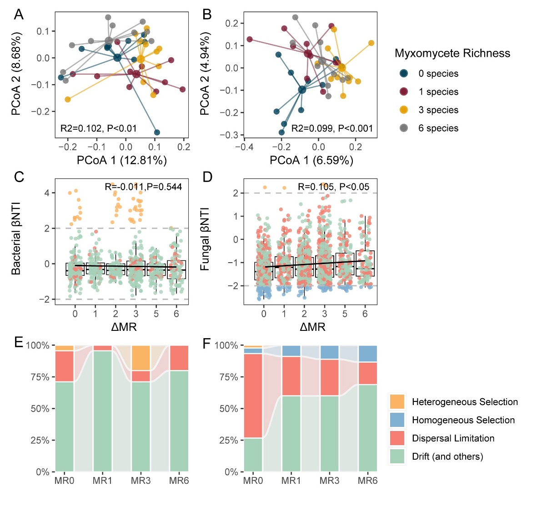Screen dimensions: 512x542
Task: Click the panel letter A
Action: click(x=19, y=15)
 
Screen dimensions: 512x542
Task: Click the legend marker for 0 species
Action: click(x=404, y=74)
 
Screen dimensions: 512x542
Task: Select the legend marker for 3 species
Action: click(x=404, y=110)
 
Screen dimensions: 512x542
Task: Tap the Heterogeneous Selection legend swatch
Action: click(x=397, y=402)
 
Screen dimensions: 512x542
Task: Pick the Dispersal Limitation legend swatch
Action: click(x=397, y=438)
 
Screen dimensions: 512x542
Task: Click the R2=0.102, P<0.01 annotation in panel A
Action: click(x=99, y=128)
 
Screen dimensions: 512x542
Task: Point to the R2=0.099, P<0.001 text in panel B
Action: click(x=332, y=128)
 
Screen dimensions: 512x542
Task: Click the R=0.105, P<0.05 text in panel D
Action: click(x=333, y=187)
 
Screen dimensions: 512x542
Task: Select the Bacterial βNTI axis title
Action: click(x=16, y=239)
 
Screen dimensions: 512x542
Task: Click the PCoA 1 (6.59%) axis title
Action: click(x=311, y=160)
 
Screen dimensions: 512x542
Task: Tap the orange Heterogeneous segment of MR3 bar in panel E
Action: click(x=141, y=358)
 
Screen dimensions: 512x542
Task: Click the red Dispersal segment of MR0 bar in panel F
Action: click(x=253, y=396)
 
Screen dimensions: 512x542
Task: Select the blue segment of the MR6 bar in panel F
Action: click(x=368, y=354)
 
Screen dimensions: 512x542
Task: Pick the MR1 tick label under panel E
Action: click(x=102, y=481)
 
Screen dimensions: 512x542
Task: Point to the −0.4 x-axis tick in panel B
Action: click(x=244, y=147)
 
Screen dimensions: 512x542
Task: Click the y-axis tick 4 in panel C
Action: click(x=47, y=193)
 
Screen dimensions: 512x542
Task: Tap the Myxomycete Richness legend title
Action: click(x=452, y=53)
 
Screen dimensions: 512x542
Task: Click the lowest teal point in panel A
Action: click(x=157, y=132)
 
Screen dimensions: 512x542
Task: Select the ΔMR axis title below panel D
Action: click(x=312, y=327)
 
